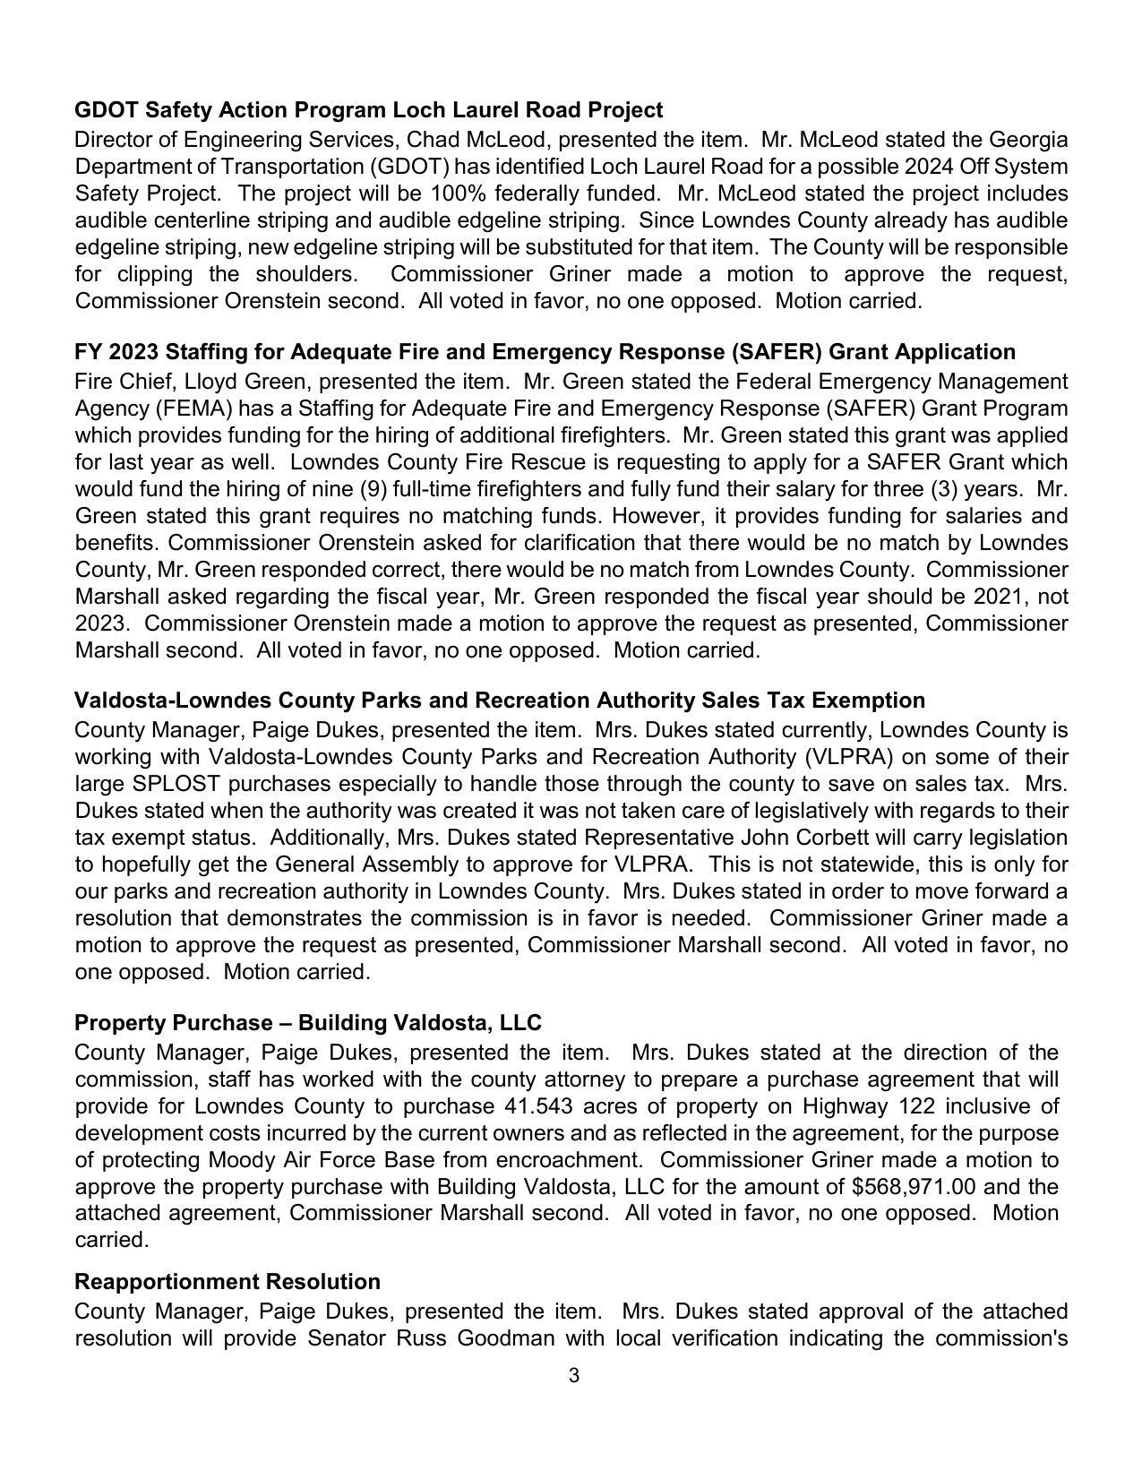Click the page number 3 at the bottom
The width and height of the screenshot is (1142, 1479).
point(573,1375)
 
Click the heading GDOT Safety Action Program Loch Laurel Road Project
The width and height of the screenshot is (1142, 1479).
point(368,110)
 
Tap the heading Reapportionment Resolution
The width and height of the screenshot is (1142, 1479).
point(228,1281)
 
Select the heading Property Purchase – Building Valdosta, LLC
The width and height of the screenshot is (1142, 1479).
point(308,1023)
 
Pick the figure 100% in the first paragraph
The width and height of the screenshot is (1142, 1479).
point(457,194)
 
